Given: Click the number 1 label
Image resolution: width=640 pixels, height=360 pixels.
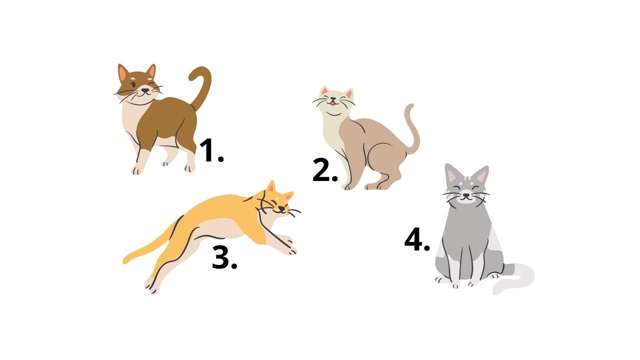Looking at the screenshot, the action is [x=211, y=150].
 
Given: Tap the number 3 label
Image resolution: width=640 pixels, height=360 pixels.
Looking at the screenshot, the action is [x=224, y=257].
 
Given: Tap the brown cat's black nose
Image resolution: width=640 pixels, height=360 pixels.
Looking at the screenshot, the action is [x=145, y=90].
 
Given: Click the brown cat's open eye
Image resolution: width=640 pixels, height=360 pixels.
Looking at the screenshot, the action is [x=133, y=84].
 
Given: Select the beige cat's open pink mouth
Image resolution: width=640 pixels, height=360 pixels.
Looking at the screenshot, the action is [x=332, y=103].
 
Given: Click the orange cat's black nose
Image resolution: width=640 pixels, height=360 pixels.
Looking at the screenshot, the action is [x=281, y=209].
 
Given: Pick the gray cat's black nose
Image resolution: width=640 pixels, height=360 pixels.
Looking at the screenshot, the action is [x=466, y=195].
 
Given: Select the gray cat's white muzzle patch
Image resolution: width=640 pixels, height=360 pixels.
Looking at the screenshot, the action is [x=466, y=197].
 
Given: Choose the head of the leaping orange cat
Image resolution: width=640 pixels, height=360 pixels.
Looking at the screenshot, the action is [x=275, y=201].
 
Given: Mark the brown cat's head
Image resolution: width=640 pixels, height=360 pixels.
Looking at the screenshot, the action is [x=138, y=83].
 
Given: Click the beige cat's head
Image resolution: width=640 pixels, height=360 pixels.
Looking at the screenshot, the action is [x=334, y=100].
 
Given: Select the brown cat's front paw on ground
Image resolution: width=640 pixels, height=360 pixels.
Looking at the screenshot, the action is [x=137, y=170].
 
